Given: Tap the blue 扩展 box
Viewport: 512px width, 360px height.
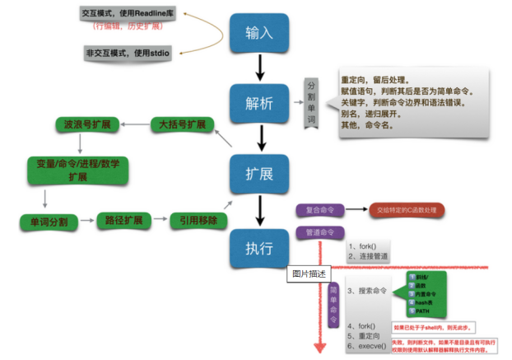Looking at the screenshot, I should (260, 175).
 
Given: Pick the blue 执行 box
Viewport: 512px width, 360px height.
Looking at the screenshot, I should (260, 245).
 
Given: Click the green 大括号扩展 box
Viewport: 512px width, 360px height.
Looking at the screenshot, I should (183, 125).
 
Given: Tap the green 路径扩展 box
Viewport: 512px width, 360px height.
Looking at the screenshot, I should (124, 221).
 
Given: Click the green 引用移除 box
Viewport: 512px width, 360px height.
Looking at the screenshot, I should (198, 221).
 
